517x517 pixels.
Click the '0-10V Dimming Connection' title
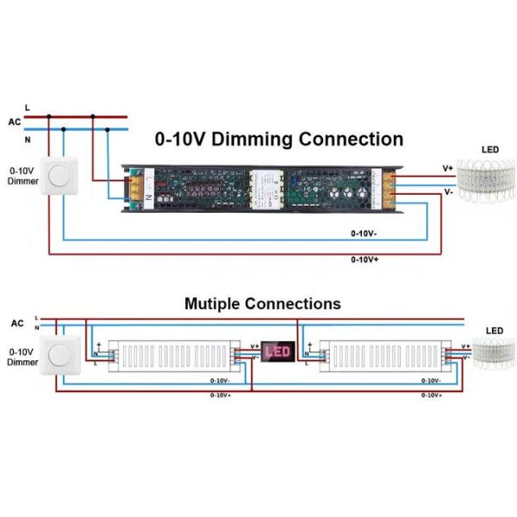[x=279, y=140]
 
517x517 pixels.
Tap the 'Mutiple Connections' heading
[x=262, y=304]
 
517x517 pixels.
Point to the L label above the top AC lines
[x=28, y=107]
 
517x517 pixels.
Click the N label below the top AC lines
[x=28, y=138]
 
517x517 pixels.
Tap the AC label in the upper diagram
[x=14, y=122]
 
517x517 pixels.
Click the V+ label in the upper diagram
[x=447, y=168]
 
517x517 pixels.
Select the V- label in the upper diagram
[x=448, y=193]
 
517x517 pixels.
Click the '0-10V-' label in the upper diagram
[x=364, y=234]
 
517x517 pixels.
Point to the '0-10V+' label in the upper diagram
[x=364, y=258]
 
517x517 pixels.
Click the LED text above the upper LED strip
[x=489, y=150]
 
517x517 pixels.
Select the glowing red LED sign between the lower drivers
[x=277, y=351]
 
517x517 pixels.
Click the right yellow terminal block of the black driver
[x=389, y=188]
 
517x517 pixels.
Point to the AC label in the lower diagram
[x=17, y=323]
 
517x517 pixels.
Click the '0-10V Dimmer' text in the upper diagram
[x=22, y=176]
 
